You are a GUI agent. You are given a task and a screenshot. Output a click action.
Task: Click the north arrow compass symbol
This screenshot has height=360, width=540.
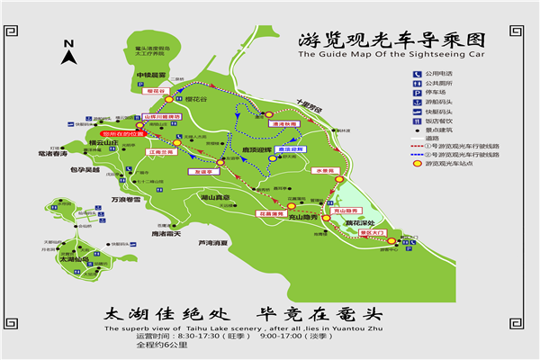[x=68, y=53]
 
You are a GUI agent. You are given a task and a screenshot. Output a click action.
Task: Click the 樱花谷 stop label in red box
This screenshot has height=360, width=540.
[x=155, y=91]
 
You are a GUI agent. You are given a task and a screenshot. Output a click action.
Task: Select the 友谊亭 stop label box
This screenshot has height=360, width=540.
[x=203, y=170]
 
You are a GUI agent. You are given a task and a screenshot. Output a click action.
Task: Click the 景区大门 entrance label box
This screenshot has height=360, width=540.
[x=371, y=232]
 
